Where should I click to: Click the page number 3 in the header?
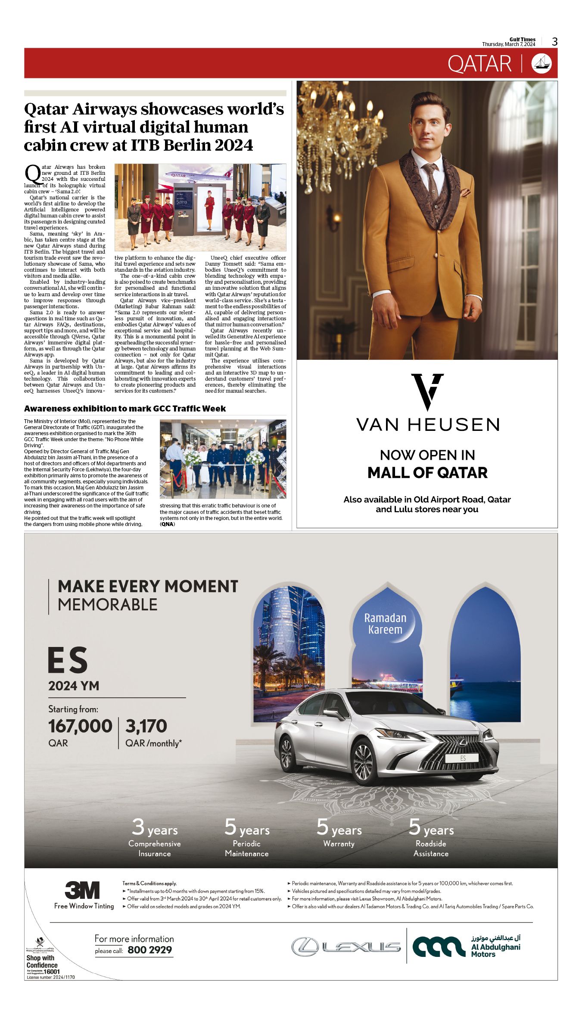point(555,42)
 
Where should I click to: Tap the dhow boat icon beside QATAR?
point(542,64)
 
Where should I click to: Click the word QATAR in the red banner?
point(479,64)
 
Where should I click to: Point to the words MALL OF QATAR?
point(427,473)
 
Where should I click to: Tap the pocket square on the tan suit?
point(465,192)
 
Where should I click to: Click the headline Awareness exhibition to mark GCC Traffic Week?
point(125,408)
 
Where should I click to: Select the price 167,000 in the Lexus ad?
point(80,726)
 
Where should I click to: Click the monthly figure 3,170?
point(146,726)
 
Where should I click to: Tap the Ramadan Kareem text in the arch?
point(385,624)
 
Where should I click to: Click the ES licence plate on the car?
point(462,758)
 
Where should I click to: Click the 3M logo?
point(82,890)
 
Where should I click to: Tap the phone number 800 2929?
point(149,950)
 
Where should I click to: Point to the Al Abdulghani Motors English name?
point(495,950)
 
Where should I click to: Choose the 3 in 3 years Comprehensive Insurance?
point(138,827)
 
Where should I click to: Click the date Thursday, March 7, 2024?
point(508,44)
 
